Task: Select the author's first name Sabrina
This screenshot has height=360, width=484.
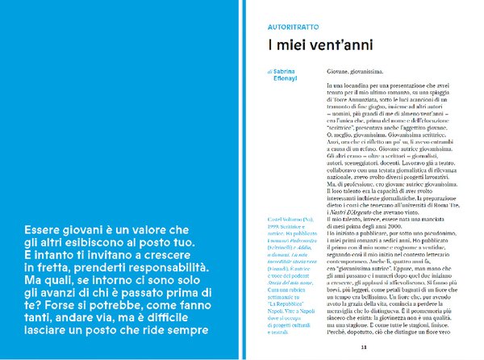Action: [287, 72]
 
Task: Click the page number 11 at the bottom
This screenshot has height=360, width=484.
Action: [364, 347]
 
